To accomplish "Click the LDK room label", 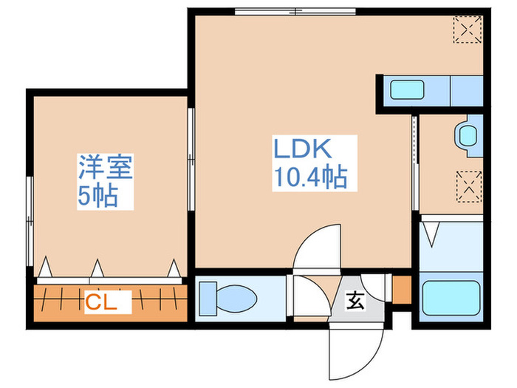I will coord(305,149).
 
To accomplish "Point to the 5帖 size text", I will coord(97,197).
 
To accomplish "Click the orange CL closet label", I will coord(107,301).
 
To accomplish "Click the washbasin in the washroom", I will coord(468,135).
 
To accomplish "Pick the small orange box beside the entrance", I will coord(402,290).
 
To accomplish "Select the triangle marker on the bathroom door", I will coord(433,236).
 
